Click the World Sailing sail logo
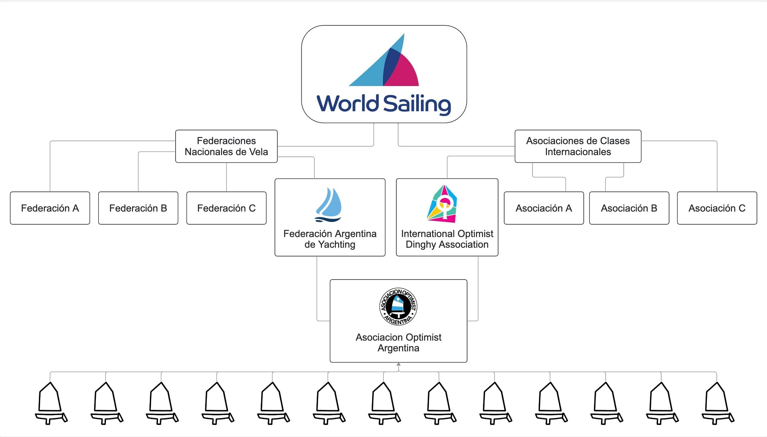[x=384, y=60]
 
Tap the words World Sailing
[x=384, y=104]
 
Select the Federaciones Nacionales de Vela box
[x=226, y=146]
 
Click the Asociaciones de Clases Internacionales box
[x=578, y=146]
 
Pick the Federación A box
[x=50, y=208]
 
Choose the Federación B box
[x=138, y=208]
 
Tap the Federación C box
[x=226, y=208]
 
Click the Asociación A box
[x=544, y=208]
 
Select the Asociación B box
[x=629, y=208]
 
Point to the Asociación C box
[x=717, y=208]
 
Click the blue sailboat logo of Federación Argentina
[x=328, y=205]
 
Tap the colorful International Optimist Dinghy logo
[x=442, y=203]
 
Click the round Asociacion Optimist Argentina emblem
[x=398, y=306]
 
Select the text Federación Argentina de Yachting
[x=330, y=239]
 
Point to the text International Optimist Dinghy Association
[x=447, y=239]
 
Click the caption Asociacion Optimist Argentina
[x=398, y=342]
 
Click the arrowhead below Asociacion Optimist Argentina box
[x=398, y=364]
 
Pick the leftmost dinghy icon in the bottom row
[x=51, y=403]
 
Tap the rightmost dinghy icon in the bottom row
[x=718, y=403]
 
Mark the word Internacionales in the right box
[x=578, y=152]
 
